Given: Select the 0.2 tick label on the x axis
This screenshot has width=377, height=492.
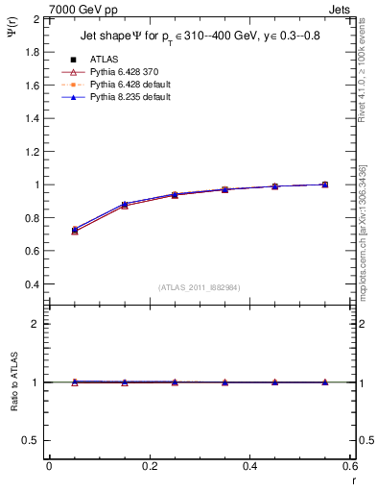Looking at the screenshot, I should tap(150, 466).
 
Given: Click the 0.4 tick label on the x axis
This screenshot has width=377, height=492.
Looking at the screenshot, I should tap(250, 466).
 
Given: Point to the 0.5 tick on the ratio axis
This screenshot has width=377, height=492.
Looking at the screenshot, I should tap(31, 440).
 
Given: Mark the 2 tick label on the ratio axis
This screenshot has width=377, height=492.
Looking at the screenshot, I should tap(35, 324).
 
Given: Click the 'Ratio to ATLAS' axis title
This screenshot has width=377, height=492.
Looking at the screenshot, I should tap(13, 382).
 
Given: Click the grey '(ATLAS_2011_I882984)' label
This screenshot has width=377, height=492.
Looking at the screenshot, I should tap(200, 287).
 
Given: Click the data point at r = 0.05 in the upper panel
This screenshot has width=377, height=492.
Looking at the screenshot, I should tap(74, 231).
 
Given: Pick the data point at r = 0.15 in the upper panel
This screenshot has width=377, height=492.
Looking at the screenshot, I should tap(125, 205).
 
